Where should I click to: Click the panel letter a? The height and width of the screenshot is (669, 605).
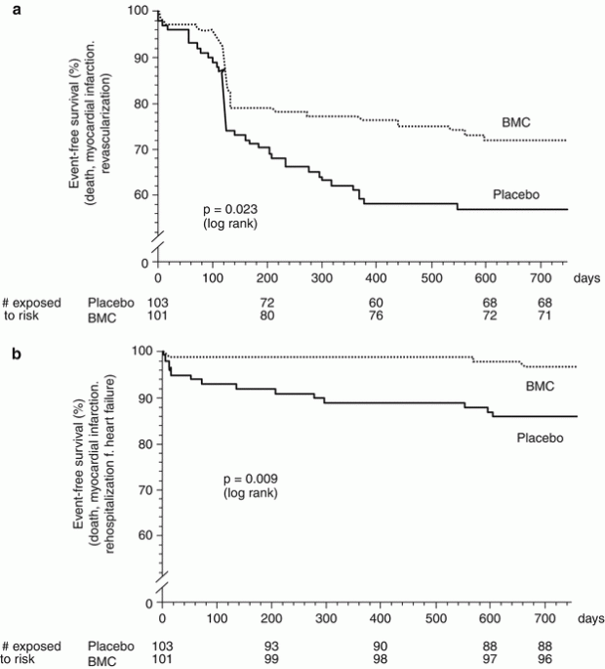[7, 7]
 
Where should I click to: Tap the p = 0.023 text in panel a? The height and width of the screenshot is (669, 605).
[229, 209]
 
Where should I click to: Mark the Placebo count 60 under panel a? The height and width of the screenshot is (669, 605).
[375, 302]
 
